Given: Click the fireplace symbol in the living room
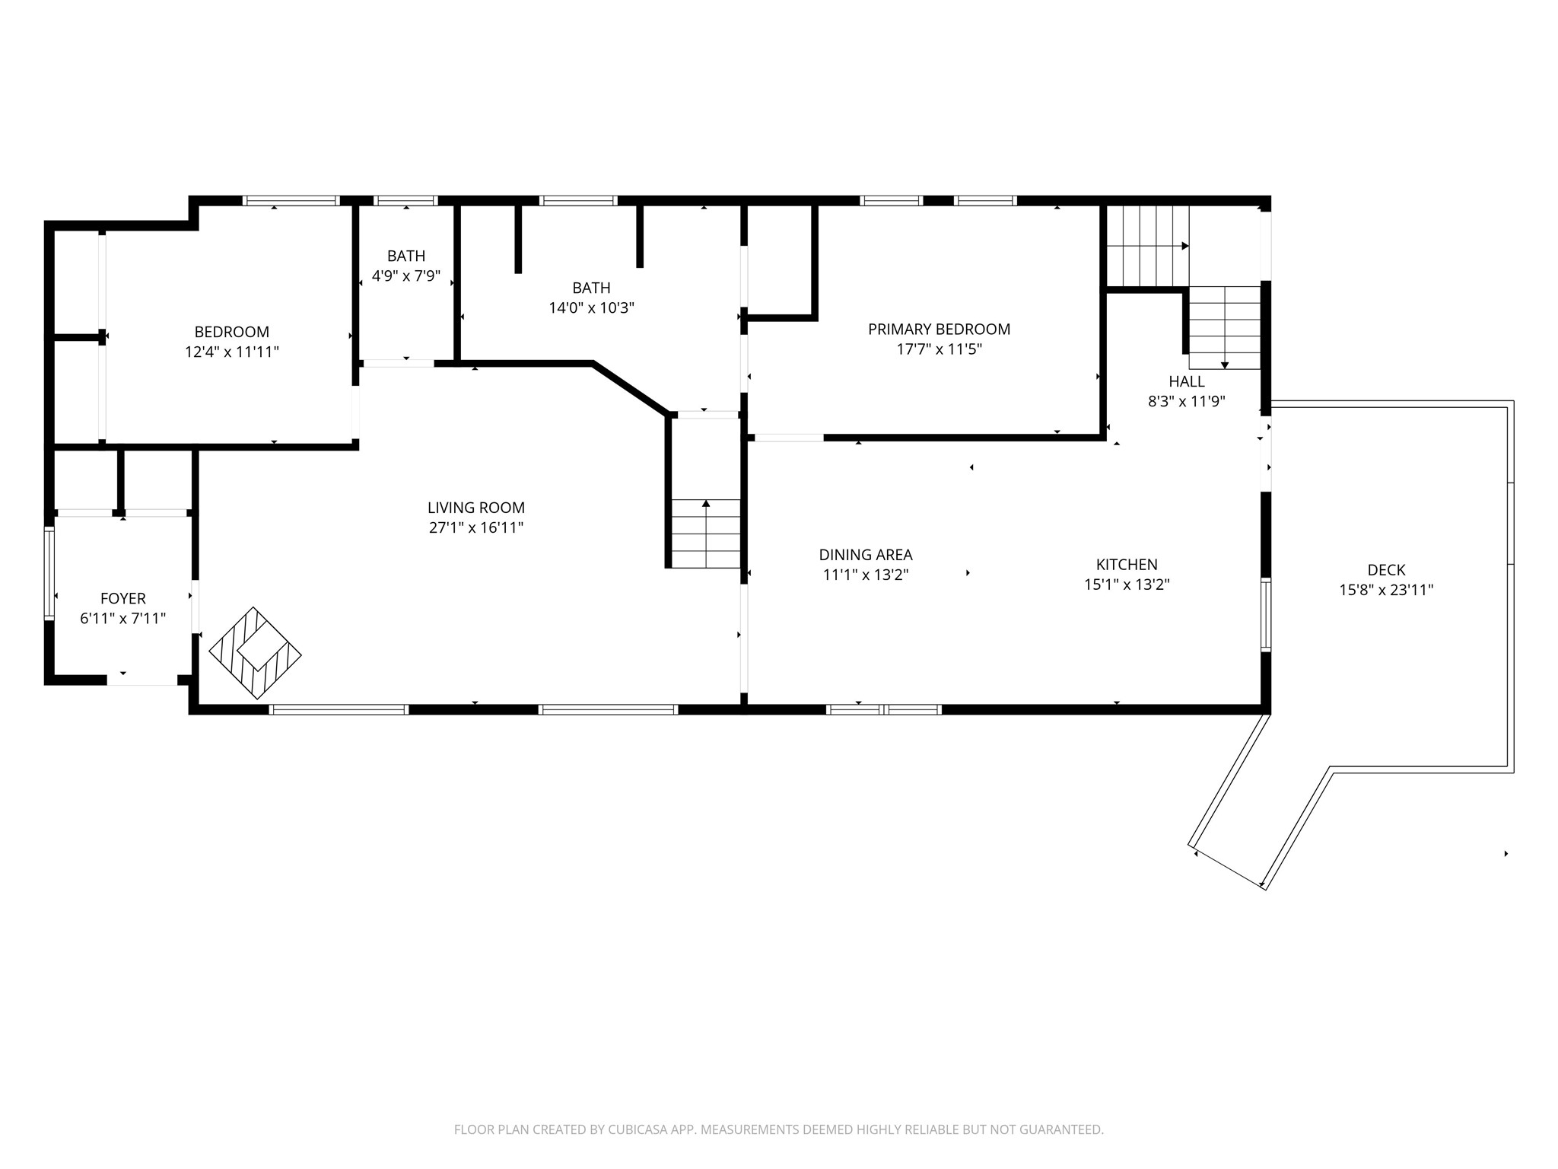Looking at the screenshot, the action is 255,653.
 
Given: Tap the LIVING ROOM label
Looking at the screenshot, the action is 476,508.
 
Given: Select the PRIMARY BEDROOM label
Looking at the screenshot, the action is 940,330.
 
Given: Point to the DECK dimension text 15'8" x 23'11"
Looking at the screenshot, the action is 1386,590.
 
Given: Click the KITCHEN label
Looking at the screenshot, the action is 1127,565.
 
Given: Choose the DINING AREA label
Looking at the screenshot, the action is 866,555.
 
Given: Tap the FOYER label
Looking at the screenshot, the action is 123,599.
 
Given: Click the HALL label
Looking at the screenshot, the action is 1187,381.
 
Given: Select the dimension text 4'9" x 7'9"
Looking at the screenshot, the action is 406,276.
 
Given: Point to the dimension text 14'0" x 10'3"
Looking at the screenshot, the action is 592,308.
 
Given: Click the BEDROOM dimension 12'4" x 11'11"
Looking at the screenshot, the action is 232,352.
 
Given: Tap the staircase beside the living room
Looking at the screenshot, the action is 706,534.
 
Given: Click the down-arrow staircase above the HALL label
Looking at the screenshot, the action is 1225,327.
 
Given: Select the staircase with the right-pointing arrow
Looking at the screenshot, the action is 1148,246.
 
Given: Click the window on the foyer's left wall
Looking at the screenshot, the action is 49,572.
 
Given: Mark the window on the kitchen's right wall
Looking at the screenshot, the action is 1266,614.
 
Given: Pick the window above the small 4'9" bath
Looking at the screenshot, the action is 406,201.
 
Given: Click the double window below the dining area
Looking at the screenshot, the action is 884,709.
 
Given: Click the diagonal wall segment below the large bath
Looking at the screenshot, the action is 631,389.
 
